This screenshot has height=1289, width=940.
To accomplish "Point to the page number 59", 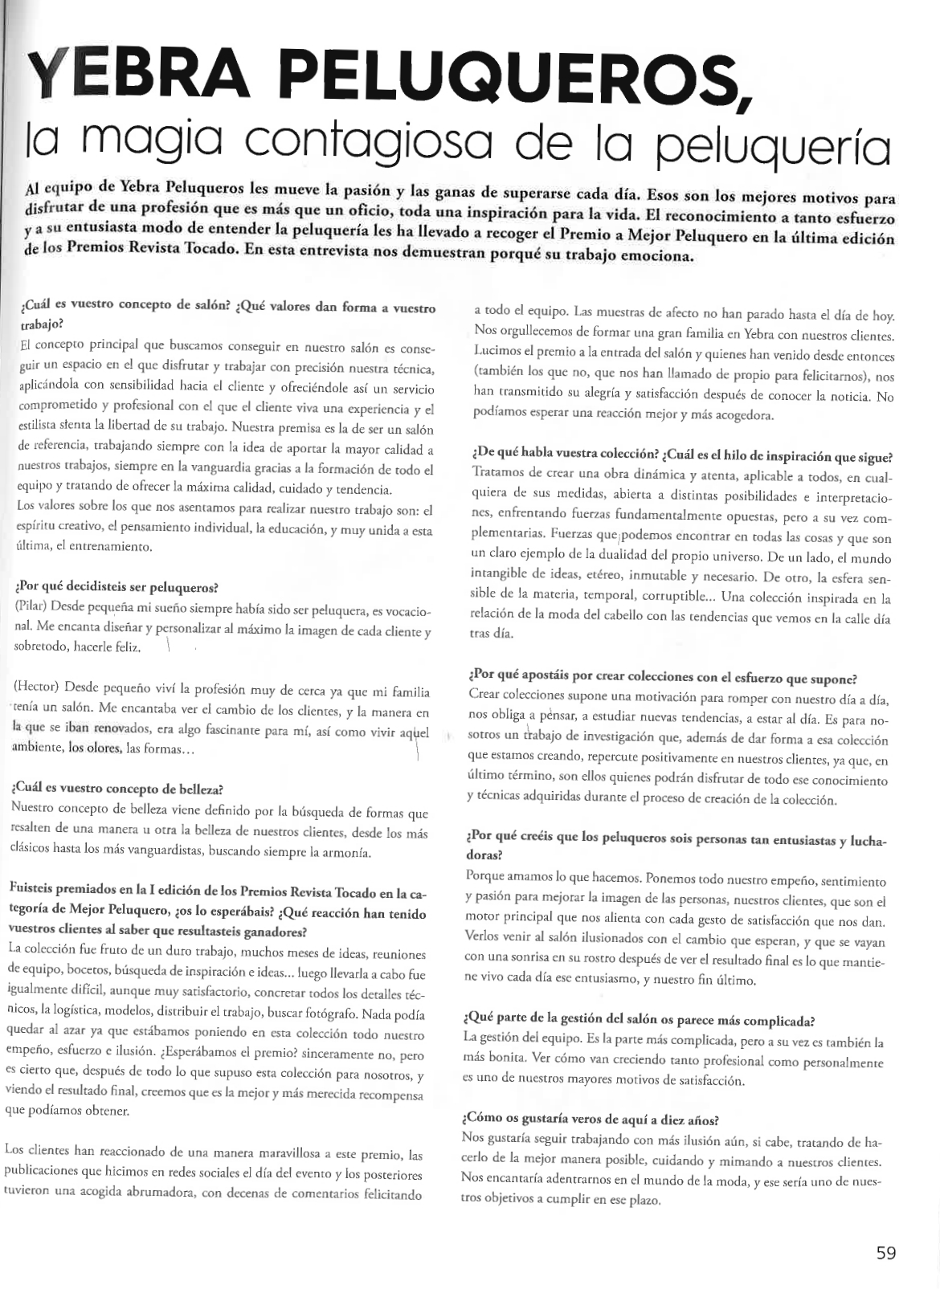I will [x=886, y=1253].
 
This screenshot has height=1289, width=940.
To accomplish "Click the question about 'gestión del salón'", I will [x=640, y=1022].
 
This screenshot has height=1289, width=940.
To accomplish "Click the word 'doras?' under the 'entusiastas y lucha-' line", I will [x=484, y=856].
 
